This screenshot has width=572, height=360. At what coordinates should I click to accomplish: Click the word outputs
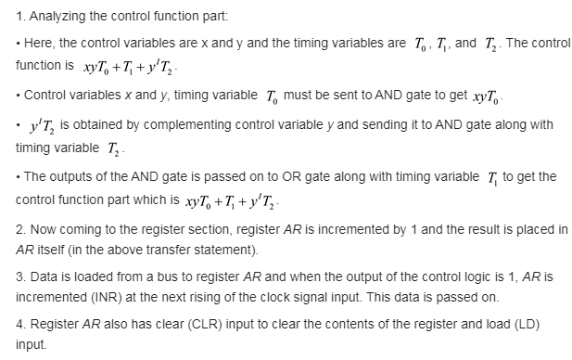pos(72,176)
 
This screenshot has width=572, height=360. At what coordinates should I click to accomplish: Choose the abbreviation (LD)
pos(527,324)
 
